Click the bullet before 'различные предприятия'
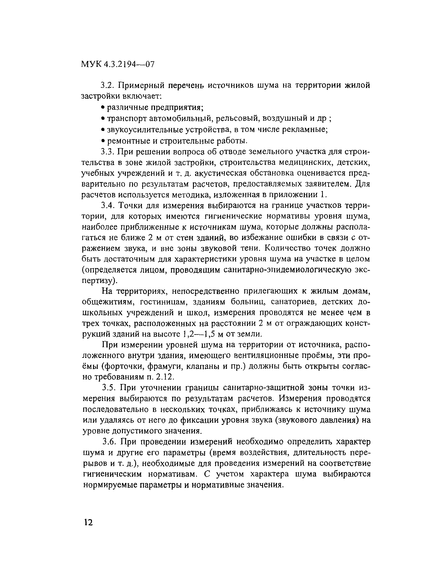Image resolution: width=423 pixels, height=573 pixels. click(x=103, y=107)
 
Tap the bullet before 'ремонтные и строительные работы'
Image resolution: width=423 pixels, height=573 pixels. click(x=103, y=141)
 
